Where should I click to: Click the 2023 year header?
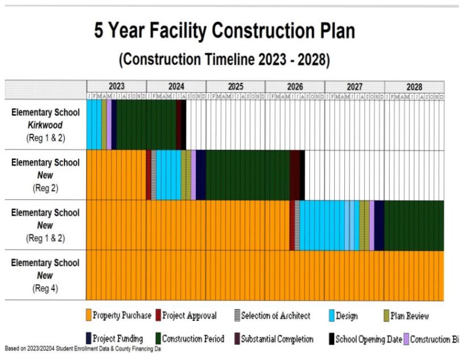click(x=116, y=87)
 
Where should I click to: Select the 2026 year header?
click(x=294, y=87)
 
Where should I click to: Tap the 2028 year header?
click(x=414, y=87)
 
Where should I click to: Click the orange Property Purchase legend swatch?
click(x=88, y=315)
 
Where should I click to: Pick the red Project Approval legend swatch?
click(x=158, y=315)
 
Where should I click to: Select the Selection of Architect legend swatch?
click(x=237, y=315)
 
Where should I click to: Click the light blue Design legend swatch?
click(x=331, y=315)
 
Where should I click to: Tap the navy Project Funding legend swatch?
click(x=88, y=339)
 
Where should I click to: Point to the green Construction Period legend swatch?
click(x=158, y=339)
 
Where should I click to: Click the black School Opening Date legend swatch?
click(x=331, y=339)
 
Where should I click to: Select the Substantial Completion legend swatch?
click(x=237, y=339)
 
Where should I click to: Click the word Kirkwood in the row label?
click(x=46, y=125)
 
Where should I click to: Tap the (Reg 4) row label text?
click(x=46, y=288)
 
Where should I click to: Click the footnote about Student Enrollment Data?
click(x=82, y=349)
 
